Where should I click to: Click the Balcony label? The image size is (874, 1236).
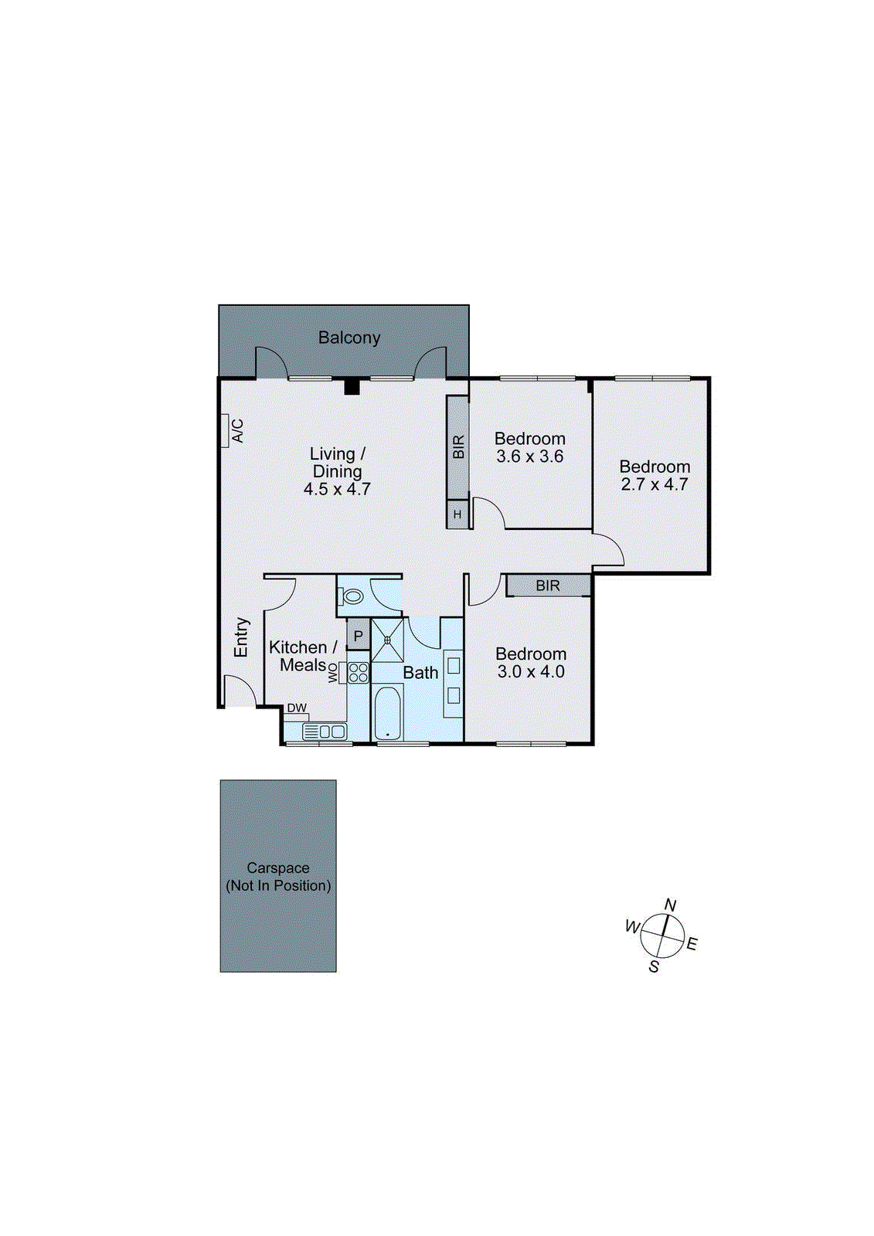(349, 338)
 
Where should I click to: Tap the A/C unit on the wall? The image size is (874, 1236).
(226, 430)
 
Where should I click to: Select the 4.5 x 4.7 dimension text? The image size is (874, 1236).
(337, 489)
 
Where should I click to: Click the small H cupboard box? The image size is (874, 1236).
(457, 514)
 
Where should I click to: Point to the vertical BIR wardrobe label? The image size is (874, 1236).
(458, 447)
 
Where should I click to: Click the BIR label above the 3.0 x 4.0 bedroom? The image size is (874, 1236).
(548, 586)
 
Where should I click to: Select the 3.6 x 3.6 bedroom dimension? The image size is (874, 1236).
(530, 457)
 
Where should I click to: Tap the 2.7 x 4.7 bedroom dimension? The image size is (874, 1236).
(655, 485)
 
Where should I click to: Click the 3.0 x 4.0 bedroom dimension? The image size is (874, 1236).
(531, 672)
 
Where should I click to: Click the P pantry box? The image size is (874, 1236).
(358, 637)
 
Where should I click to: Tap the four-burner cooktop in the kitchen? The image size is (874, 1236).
(358, 672)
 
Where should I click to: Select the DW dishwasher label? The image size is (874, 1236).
(297, 708)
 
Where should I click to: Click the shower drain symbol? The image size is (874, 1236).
(388, 640)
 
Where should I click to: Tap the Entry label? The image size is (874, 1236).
(242, 637)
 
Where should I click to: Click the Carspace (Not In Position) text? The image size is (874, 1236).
(278, 877)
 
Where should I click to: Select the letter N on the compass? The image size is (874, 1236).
(670, 905)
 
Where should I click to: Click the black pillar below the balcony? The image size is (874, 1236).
(352, 386)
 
